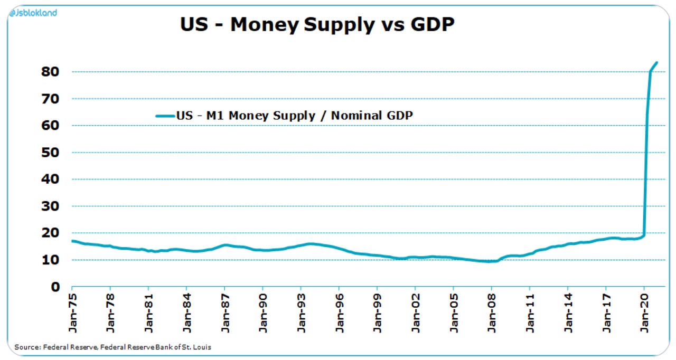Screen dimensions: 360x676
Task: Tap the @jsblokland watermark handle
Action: point(33,13)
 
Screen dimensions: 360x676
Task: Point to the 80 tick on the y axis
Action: point(51,72)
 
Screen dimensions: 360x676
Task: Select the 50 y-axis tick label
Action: point(51,153)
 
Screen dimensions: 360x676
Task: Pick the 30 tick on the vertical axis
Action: point(51,206)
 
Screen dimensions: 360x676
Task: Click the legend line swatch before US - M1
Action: point(165,116)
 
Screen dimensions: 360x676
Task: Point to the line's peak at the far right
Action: point(656,62)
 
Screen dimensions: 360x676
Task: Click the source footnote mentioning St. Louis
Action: point(113,347)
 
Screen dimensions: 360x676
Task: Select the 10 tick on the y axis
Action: point(51,260)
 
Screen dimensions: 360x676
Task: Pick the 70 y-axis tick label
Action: point(51,99)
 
